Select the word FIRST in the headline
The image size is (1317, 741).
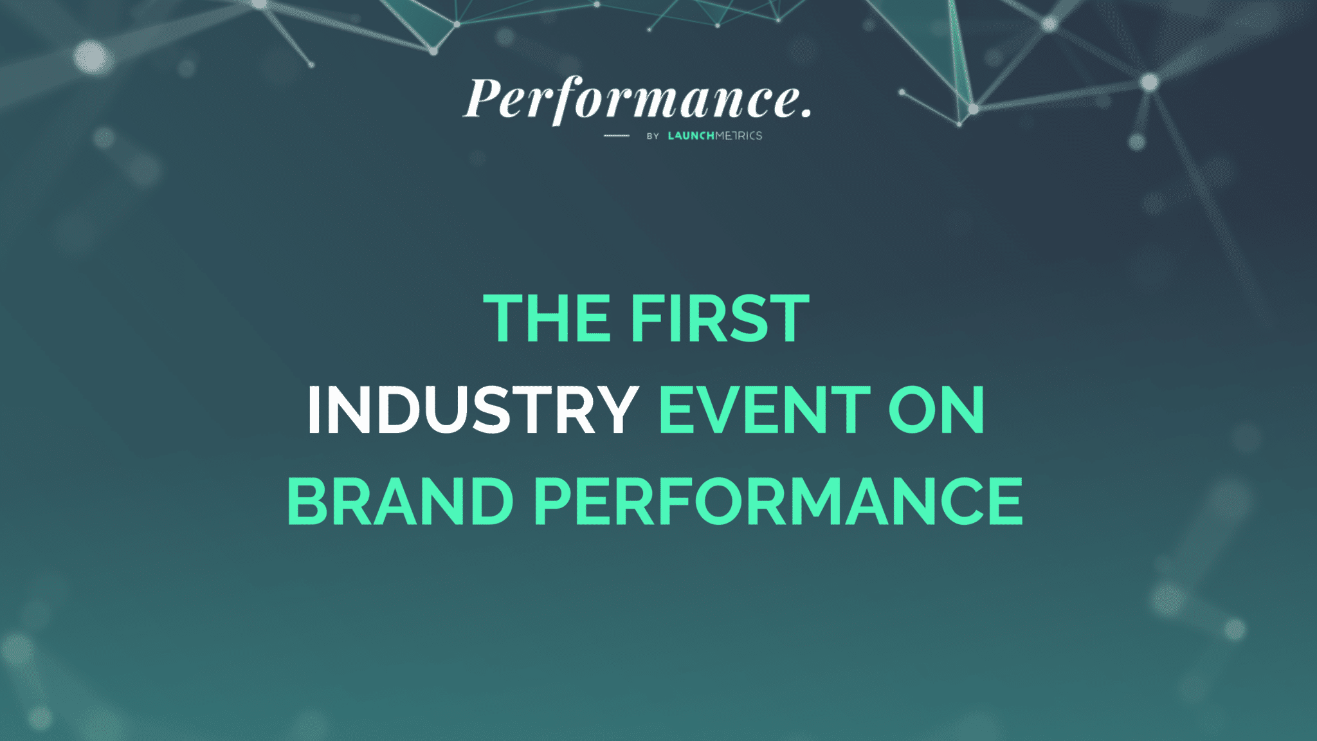click(719, 318)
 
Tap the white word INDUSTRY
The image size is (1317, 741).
click(473, 410)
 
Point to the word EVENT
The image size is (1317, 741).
click(765, 410)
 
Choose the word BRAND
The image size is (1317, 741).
click(400, 501)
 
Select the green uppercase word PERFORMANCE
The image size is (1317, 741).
click(779, 501)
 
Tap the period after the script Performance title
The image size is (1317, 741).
click(806, 114)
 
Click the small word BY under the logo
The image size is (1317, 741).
click(653, 136)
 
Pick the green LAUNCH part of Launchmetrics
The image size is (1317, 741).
click(691, 136)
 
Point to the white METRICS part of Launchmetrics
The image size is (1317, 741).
click(739, 136)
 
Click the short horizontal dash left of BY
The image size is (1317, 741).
click(616, 136)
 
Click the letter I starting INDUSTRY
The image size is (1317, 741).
click(314, 410)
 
